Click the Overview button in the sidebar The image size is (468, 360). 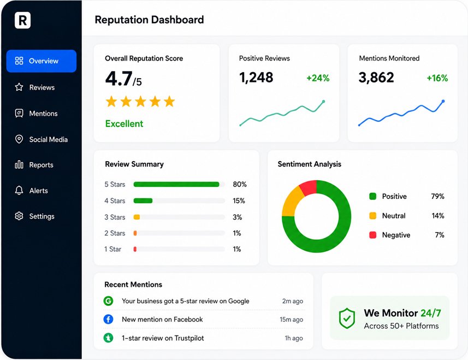tap(41, 61)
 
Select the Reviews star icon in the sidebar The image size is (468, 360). tap(19, 87)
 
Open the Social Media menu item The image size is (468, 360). tap(41, 139)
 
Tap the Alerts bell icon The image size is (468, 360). tap(19, 191)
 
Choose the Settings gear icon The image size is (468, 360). tap(19, 216)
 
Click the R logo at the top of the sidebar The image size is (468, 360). tap(23, 20)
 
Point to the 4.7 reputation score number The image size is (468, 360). tap(119, 79)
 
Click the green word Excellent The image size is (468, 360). tap(124, 123)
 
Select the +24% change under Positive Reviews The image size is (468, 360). tap(318, 78)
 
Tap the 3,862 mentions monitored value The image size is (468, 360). tap(376, 78)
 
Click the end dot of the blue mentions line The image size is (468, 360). tap(443, 101)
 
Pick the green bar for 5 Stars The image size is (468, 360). tap(176, 185)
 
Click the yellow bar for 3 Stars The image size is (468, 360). tap(137, 217)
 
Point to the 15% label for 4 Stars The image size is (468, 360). tap(239, 200)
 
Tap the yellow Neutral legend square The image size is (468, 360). tap(373, 216)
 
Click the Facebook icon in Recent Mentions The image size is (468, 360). tap(108, 319)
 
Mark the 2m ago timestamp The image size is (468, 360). tap(293, 301)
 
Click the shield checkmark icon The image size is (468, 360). tap(347, 318)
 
